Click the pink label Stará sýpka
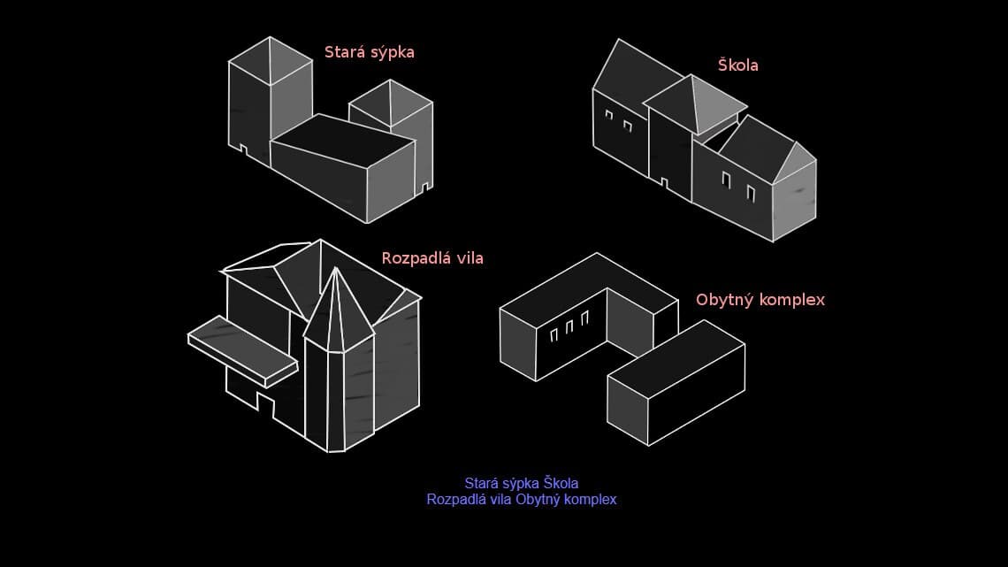tap(369, 53)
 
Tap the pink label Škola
tap(738, 65)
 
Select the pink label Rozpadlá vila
tap(432, 258)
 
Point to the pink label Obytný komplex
tap(760, 300)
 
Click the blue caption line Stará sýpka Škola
tap(522, 484)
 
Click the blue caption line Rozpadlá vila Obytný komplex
tap(522, 500)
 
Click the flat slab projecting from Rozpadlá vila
tap(243, 351)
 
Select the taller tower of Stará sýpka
tap(270, 100)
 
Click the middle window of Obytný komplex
tap(569, 327)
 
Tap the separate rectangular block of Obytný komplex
tap(676, 382)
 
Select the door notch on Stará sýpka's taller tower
tap(244, 149)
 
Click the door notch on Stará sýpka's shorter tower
tap(425, 187)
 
